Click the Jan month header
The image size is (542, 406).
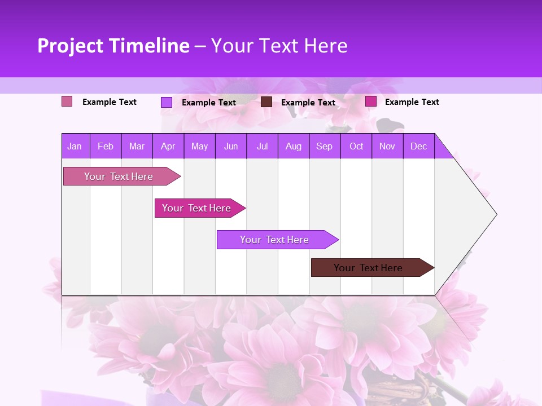point(75,146)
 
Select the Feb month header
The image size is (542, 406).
point(106,146)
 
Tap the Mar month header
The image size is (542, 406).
point(137,146)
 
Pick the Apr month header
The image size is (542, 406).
point(168,146)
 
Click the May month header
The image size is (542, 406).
point(199,146)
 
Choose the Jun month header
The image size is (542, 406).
point(231,146)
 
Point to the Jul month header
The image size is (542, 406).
point(262,146)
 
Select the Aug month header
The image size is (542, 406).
point(294,146)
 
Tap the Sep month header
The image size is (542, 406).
point(325,146)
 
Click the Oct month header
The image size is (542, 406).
point(356,146)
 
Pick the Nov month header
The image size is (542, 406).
point(387,146)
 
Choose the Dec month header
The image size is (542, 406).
point(419,146)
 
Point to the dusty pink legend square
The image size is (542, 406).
point(67,101)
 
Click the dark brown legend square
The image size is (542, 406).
point(266,102)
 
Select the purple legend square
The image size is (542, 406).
point(167,102)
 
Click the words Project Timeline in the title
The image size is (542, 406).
point(113,46)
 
